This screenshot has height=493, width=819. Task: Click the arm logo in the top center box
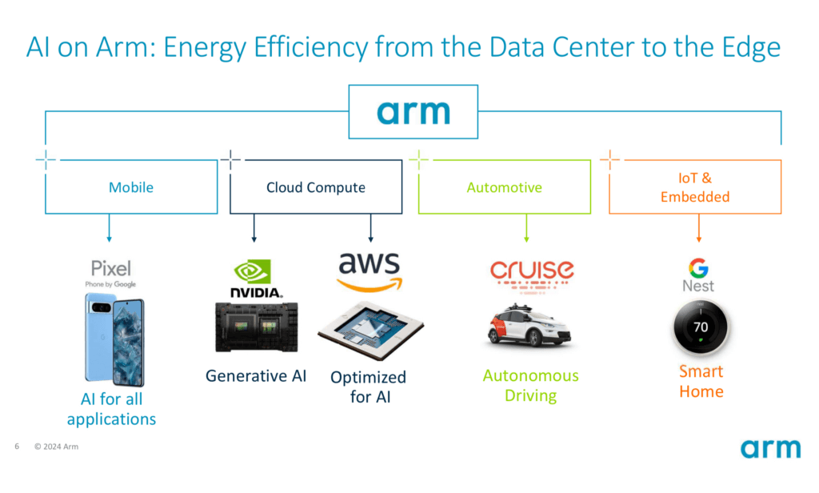pyautogui.click(x=413, y=112)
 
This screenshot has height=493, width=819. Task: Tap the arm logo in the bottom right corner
pyautogui.click(x=770, y=448)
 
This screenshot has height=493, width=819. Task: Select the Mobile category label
pyautogui.click(x=131, y=187)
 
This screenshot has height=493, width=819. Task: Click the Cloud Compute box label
pyautogui.click(x=315, y=187)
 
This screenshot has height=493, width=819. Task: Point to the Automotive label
pyautogui.click(x=504, y=187)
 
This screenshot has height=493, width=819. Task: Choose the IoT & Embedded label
pyautogui.click(x=695, y=187)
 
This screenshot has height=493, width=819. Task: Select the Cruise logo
pyautogui.click(x=532, y=275)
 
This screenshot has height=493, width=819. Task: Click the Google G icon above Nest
pyautogui.click(x=698, y=268)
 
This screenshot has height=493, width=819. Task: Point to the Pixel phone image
pyautogui.click(x=114, y=340)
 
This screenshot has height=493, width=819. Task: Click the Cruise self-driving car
pyautogui.click(x=529, y=327)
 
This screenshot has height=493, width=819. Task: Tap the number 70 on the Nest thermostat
pyautogui.click(x=701, y=327)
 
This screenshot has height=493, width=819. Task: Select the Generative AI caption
pyautogui.click(x=256, y=376)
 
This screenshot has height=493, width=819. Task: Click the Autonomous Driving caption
pyautogui.click(x=531, y=385)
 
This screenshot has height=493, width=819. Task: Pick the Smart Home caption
pyautogui.click(x=701, y=381)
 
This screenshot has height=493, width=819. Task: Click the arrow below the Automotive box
pyautogui.click(x=526, y=228)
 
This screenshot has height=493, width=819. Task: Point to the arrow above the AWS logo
pyautogui.click(x=371, y=228)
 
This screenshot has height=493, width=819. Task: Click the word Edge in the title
pyautogui.click(x=751, y=48)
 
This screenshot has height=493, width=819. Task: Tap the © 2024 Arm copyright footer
pyautogui.click(x=57, y=447)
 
